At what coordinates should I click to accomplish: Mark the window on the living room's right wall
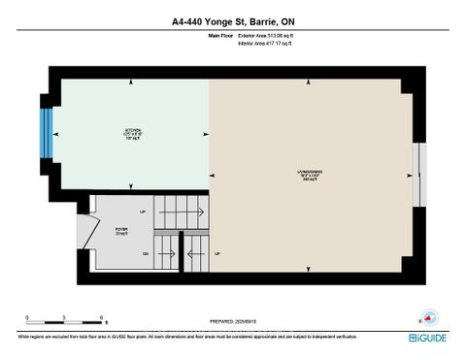click(x=418, y=175)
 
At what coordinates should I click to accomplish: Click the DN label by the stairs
click(x=146, y=254)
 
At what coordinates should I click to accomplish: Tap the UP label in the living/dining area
click(x=217, y=254)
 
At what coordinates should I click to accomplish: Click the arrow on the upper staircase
click(x=184, y=211)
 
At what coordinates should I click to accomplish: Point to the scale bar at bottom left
click(x=66, y=320)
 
